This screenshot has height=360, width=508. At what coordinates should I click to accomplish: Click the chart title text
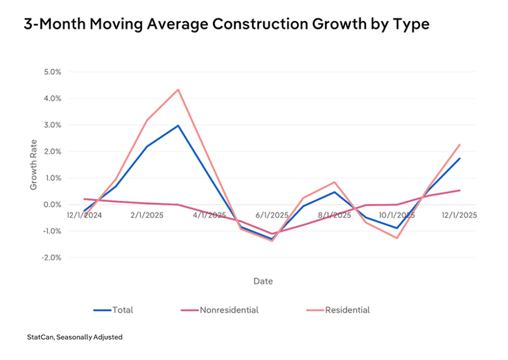[x=227, y=25]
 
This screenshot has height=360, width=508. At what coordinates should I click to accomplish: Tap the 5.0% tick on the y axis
[x=53, y=72]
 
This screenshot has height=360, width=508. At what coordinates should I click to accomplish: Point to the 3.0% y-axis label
[x=53, y=125]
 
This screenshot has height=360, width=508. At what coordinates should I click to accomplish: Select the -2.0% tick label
[x=51, y=258]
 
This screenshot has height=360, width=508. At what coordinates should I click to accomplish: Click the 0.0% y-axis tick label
[x=53, y=205]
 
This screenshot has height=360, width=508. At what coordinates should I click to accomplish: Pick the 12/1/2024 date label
[x=84, y=215]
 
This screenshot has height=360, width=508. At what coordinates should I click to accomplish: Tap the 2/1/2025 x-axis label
[x=147, y=215]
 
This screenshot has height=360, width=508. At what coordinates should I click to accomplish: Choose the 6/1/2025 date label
[x=272, y=215]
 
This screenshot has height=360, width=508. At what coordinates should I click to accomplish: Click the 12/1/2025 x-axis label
[x=459, y=215]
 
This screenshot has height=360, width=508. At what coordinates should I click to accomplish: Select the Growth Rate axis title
[x=34, y=165]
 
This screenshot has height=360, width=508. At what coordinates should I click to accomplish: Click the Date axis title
[x=263, y=281]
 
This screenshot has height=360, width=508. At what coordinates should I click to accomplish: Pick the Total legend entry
[x=113, y=310]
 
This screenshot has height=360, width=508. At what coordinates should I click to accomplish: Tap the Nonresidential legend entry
[x=220, y=310]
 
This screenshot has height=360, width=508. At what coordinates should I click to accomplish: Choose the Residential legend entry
[x=338, y=310]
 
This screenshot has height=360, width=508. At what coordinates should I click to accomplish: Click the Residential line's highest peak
[x=178, y=89]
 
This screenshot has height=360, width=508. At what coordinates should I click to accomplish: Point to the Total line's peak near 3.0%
[x=178, y=125]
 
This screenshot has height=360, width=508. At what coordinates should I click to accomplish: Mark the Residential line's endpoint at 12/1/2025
[x=459, y=145]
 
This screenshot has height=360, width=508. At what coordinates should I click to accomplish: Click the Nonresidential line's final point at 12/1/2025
[x=459, y=190]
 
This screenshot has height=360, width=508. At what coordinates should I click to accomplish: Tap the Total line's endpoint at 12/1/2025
[x=459, y=158]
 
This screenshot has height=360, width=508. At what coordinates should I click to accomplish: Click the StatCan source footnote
[x=75, y=337]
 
